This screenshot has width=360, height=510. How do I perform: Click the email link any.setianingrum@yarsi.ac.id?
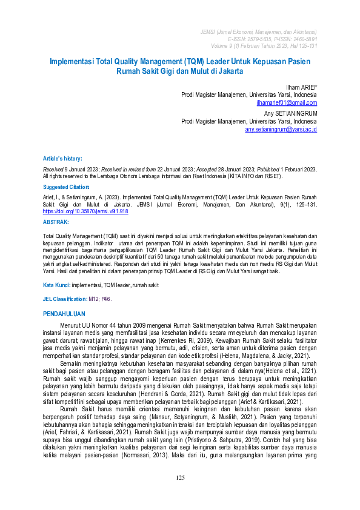coord(281,129)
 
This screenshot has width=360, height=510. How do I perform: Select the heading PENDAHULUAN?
coord(67,314)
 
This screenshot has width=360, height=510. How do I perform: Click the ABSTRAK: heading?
coord(56,223)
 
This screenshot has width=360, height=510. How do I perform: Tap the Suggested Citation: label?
coord(66,187)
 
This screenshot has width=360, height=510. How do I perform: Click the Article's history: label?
coord(62,157)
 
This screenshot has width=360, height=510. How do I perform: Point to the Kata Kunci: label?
coord(57,284)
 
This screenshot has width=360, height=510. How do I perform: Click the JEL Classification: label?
coord(65,299)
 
